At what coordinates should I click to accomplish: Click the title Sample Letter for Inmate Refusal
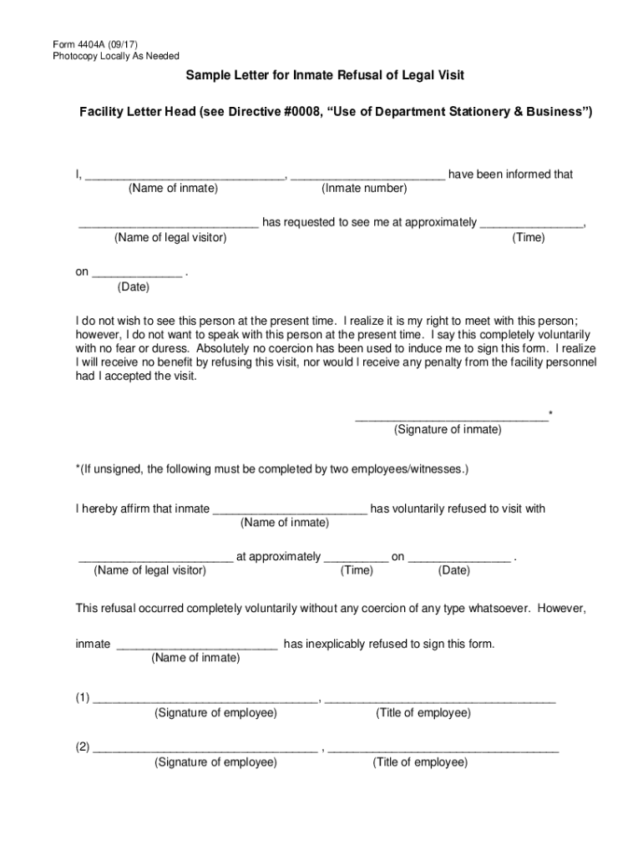point(324,76)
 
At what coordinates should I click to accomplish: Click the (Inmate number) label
point(364,189)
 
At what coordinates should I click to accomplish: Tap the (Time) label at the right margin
point(529,238)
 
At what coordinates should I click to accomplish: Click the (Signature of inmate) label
point(448,430)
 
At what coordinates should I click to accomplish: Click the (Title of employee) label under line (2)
point(420,762)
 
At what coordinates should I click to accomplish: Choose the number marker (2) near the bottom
point(81,748)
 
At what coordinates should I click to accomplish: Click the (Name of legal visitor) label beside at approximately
point(150,571)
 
